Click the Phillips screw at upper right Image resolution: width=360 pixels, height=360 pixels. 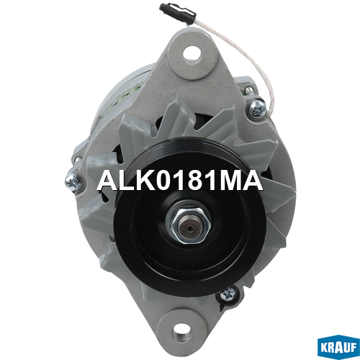(x=258, y=109)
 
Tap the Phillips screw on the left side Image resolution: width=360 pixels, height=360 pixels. (x=73, y=183)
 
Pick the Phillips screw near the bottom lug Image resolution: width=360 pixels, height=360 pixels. (x=227, y=294)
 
